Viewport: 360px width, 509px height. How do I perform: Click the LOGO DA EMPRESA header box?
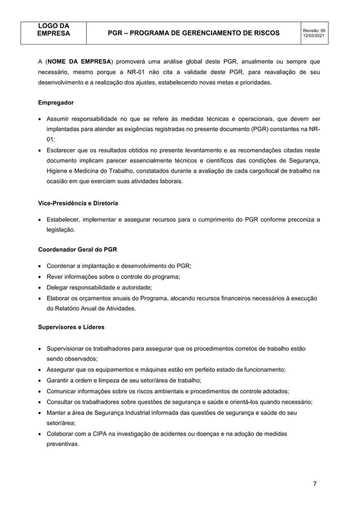point(54,29)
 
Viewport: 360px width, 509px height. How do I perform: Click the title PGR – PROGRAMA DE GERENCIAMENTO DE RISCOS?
point(194,33)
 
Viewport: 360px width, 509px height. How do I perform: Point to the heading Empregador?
point(56,103)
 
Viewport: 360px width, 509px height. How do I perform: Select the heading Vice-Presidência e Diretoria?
point(78,203)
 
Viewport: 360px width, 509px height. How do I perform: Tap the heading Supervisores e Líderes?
point(71,327)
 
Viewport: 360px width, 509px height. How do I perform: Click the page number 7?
point(316,484)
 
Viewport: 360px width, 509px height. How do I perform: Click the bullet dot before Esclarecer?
point(40,150)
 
